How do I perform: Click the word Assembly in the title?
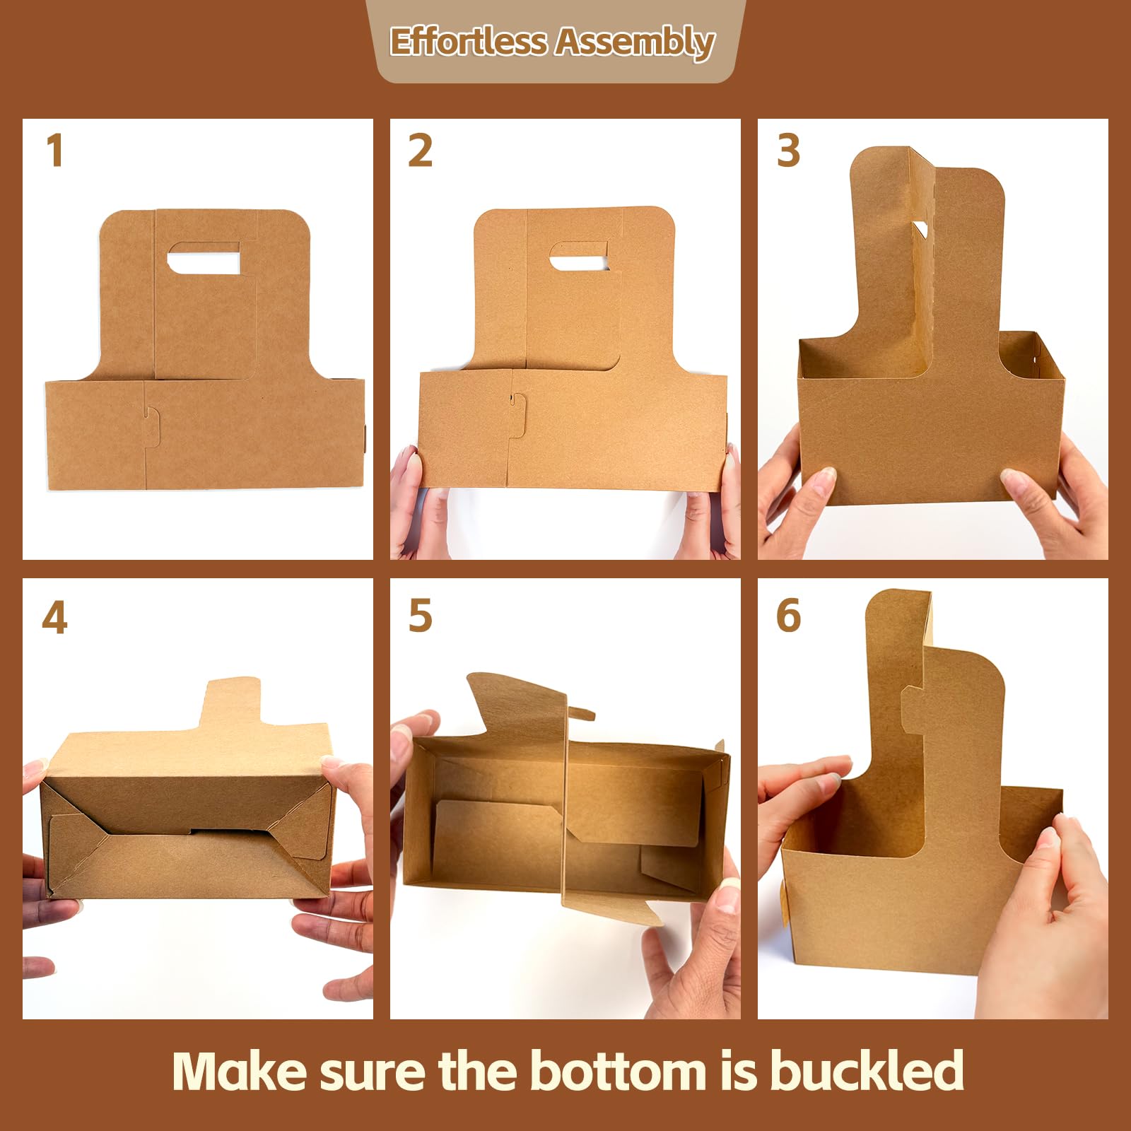tap(634, 41)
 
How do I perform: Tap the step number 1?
tap(54, 151)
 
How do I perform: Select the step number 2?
tap(420, 151)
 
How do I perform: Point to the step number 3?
tap(788, 151)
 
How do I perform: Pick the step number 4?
tap(54, 618)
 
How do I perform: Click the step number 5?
tap(420, 616)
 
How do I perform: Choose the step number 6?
tap(788, 616)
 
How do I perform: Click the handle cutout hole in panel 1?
tap(204, 259)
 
